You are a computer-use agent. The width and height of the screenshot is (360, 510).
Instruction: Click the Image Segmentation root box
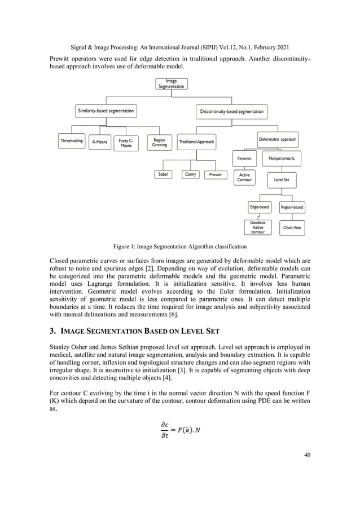(171, 84)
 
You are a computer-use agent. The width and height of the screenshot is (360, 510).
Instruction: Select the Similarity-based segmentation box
(106, 111)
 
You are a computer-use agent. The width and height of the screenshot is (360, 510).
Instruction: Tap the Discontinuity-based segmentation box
(231, 111)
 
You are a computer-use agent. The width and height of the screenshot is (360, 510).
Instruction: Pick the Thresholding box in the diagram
(72, 141)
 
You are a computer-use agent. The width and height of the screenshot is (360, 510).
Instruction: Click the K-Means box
(99, 142)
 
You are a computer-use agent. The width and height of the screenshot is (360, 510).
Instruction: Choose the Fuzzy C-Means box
(126, 143)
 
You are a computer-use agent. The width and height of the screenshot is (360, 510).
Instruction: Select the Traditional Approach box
(196, 142)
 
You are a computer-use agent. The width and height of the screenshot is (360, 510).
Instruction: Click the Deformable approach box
(277, 139)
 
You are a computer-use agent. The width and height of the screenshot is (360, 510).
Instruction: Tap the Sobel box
(163, 175)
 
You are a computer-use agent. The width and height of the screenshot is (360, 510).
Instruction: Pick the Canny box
(191, 175)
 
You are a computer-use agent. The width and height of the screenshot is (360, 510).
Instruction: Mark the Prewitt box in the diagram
(215, 175)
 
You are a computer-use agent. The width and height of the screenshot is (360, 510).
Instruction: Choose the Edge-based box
(260, 207)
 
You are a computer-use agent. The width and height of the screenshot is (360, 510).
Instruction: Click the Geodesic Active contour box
(257, 227)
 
